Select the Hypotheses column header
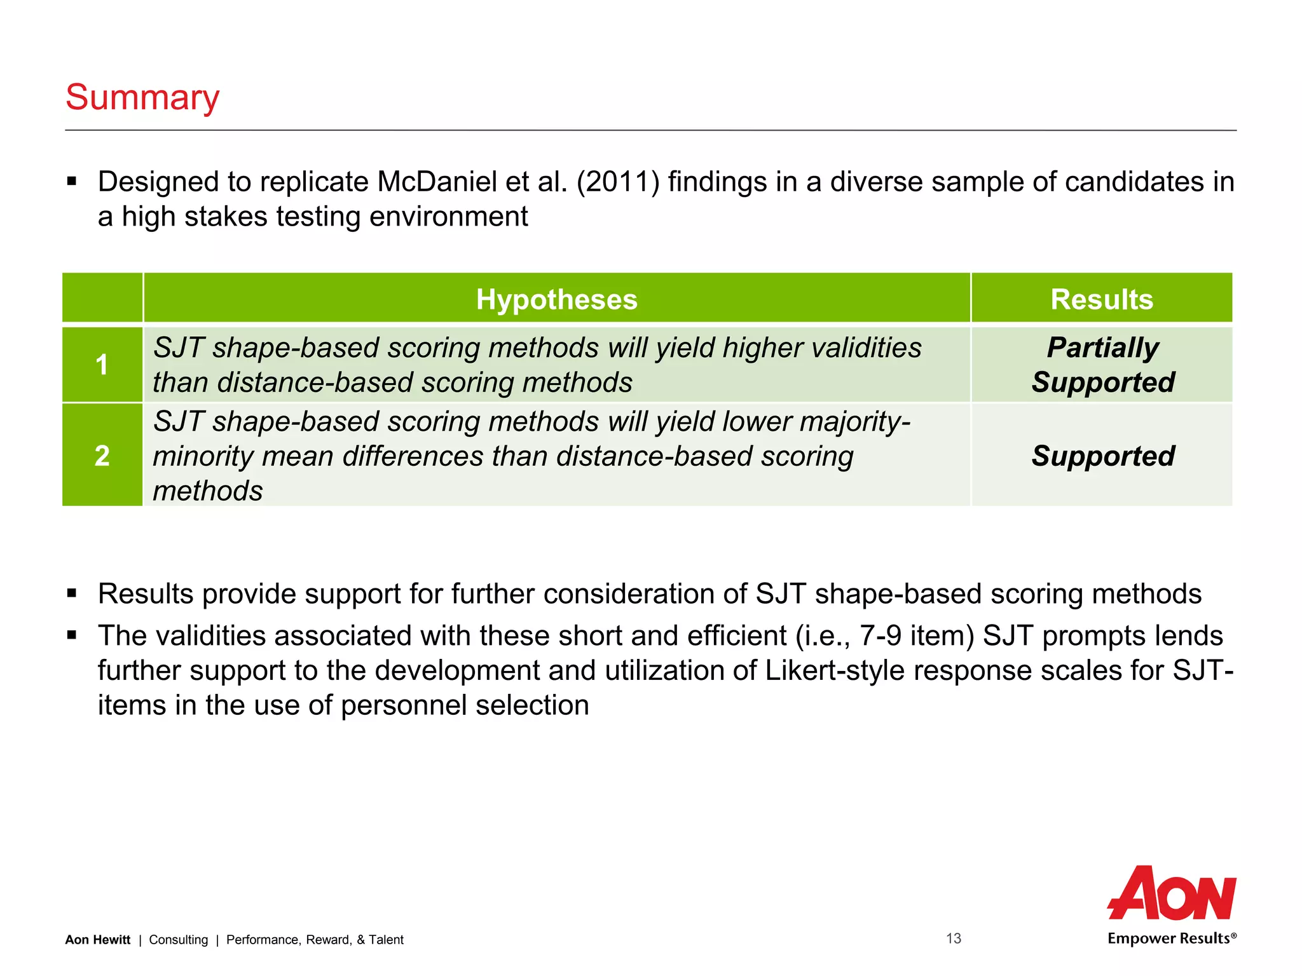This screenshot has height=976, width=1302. click(556, 299)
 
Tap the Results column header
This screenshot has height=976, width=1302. click(1101, 299)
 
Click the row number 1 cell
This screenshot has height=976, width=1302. click(102, 365)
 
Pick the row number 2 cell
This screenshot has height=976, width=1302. click(102, 456)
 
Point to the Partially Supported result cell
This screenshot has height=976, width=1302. click(1102, 365)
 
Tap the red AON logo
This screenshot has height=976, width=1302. click(1172, 893)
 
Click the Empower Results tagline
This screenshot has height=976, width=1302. click(1172, 939)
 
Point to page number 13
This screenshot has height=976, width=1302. click(954, 939)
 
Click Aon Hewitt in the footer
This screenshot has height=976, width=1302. click(97, 940)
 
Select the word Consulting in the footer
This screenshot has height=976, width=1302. click(178, 940)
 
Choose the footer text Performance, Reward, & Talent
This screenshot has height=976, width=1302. click(315, 940)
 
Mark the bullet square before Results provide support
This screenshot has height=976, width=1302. click(72, 593)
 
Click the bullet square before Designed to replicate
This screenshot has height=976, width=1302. click(72, 182)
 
